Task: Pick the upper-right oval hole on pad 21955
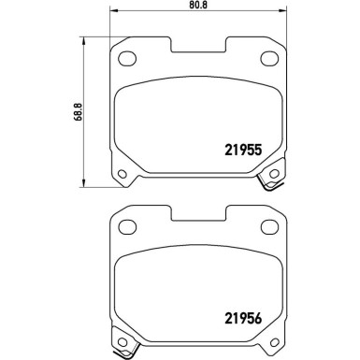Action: pos(266,59)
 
